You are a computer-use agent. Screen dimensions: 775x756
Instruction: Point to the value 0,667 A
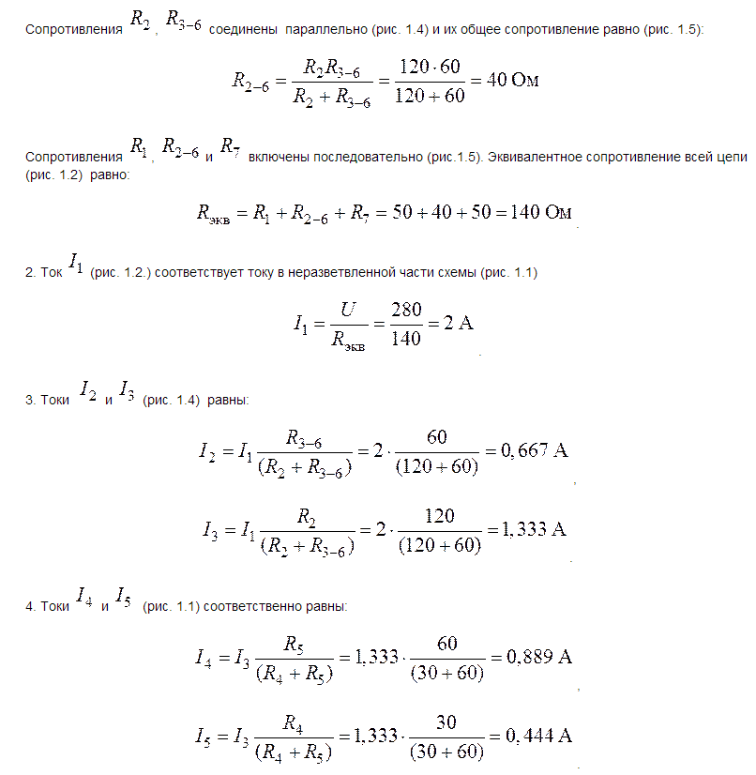pyautogui.click(x=534, y=450)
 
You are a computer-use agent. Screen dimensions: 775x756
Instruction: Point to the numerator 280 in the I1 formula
pyautogui.click(x=405, y=309)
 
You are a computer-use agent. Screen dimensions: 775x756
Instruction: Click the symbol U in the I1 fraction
pyautogui.click(x=348, y=309)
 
